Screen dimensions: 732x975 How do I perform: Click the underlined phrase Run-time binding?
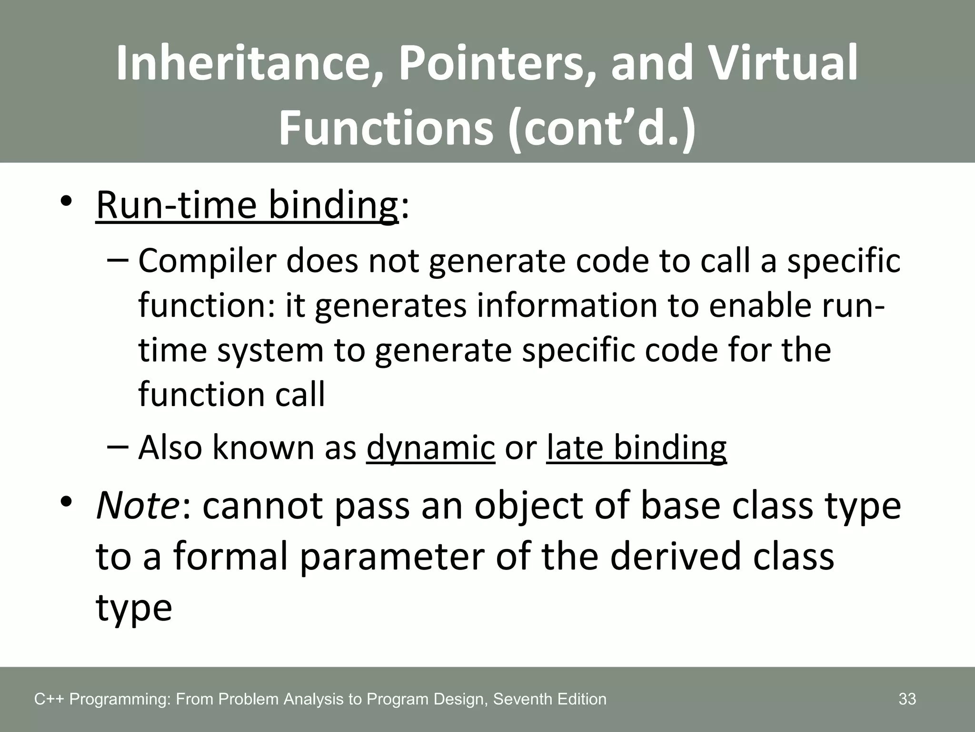pyautogui.click(x=247, y=205)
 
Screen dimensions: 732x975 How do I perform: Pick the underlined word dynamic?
pyautogui.click(x=430, y=447)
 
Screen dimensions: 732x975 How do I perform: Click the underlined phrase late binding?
pyautogui.click(x=637, y=447)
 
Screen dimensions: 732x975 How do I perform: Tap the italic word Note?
pyautogui.click(x=137, y=506)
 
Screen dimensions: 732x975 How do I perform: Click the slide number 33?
pyautogui.click(x=907, y=699)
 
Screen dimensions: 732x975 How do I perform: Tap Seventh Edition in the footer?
pyautogui.click(x=550, y=699)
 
